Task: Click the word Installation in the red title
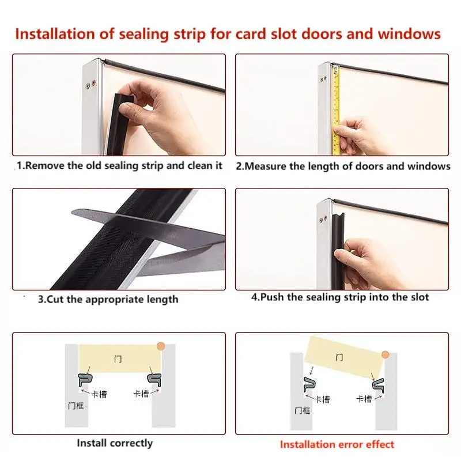point(55,34)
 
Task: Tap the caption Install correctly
point(115,443)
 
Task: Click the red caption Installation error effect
point(337,444)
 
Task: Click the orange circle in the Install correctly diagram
point(161,346)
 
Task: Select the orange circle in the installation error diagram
point(385,355)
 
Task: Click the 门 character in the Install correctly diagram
point(118,359)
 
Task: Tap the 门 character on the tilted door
point(339,357)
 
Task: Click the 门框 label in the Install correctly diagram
point(76,406)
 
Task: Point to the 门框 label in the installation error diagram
point(302,410)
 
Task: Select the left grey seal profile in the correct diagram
point(85,380)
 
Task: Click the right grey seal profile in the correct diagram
point(154,380)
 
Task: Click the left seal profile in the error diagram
point(309,384)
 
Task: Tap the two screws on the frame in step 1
point(90,85)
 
